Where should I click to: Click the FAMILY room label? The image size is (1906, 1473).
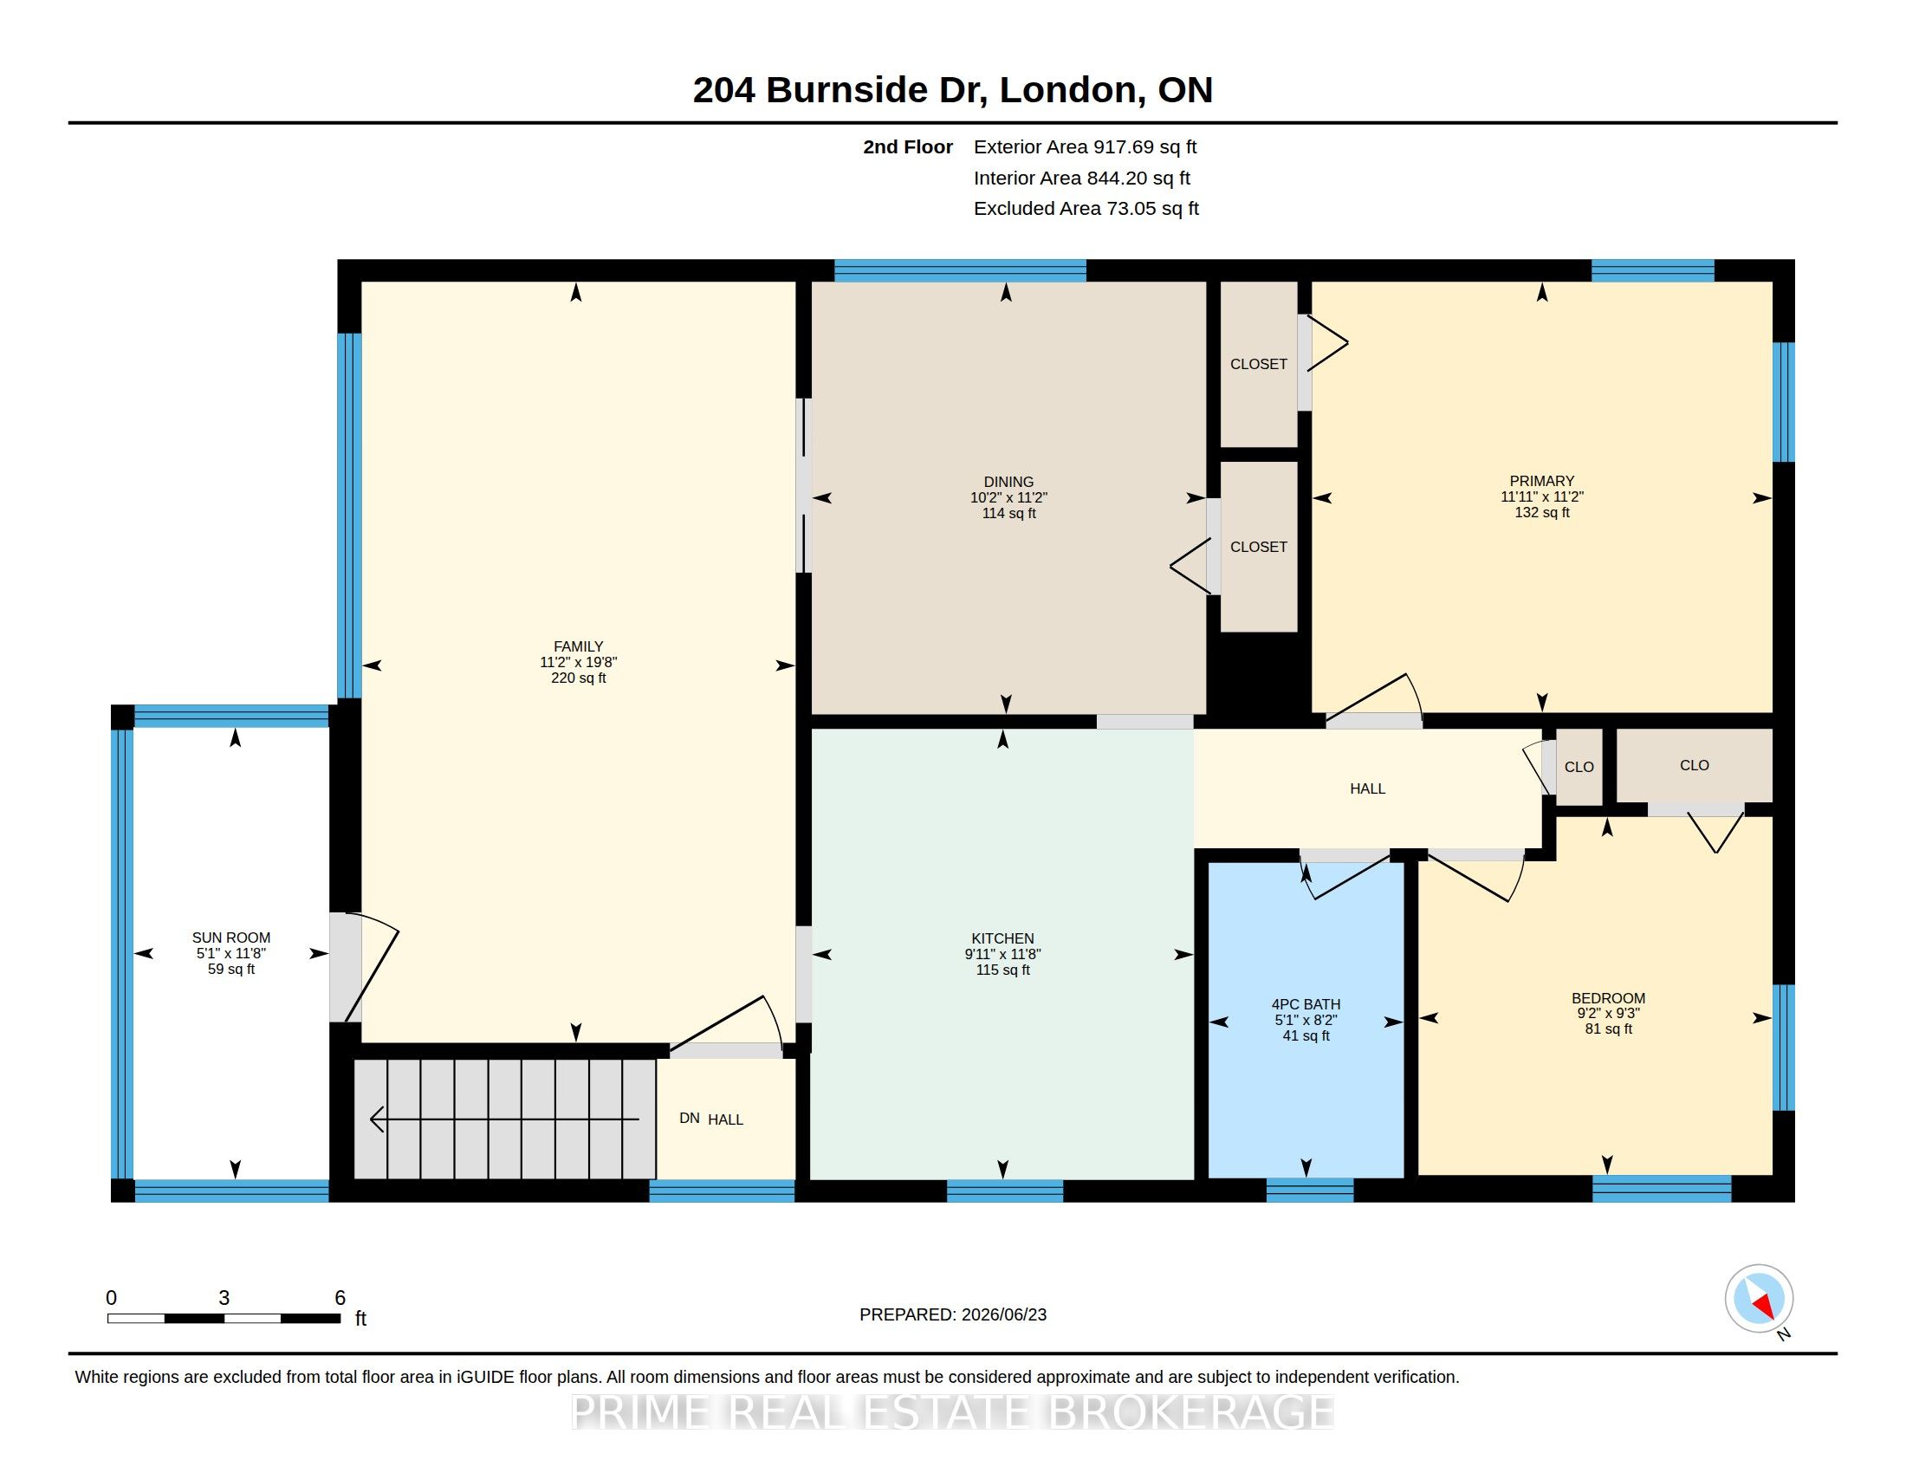point(578,646)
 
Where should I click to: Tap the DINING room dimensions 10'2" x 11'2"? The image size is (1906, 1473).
point(1008,497)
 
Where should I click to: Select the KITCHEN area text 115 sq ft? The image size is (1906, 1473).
point(1002,970)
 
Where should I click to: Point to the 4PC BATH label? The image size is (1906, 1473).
point(1306,1004)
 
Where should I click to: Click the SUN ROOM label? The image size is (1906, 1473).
point(231,938)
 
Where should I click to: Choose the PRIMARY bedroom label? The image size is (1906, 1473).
point(1542,481)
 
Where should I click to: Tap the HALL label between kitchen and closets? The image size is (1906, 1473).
point(1367,788)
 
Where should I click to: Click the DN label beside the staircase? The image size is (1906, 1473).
point(690,1118)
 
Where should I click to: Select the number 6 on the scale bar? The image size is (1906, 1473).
point(340,1298)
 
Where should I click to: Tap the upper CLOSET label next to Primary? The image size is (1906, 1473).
point(1259,364)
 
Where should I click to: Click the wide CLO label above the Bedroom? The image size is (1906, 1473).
point(1694,765)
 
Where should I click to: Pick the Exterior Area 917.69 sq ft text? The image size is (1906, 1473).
point(1085,146)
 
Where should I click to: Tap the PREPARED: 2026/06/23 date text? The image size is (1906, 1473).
point(953,1314)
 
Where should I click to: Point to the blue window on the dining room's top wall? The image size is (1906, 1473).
point(960,270)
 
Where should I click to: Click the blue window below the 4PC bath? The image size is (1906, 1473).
point(1310,1191)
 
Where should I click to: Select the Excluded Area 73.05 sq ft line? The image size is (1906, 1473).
point(1086,209)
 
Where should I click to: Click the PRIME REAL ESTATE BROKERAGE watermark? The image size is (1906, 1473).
point(952,1413)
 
